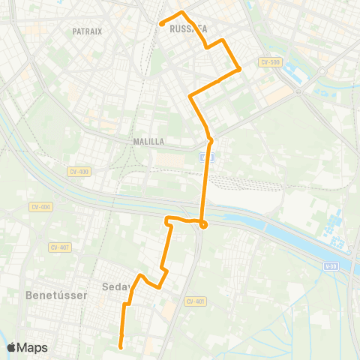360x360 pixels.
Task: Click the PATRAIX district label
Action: click(x=87, y=31)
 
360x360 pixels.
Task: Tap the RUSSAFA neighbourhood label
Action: click(x=187, y=29)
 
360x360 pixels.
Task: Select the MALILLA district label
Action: click(x=148, y=141)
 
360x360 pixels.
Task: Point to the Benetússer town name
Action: click(x=57, y=295)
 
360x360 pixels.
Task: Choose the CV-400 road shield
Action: click(x=78, y=172)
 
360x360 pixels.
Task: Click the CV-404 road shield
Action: click(x=40, y=206)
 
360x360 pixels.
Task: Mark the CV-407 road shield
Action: click(x=60, y=247)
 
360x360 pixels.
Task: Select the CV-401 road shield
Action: click(x=195, y=301)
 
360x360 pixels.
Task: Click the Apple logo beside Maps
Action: click(x=12, y=347)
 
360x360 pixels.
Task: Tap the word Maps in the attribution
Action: click(x=32, y=347)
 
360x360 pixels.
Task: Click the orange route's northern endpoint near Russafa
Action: click(x=162, y=24)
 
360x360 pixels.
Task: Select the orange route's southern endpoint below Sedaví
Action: click(x=121, y=346)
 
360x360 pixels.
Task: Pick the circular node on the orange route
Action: click(x=202, y=223)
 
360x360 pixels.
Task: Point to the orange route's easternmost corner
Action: click(x=239, y=70)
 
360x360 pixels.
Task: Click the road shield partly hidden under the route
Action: click(x=207, y=157)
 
